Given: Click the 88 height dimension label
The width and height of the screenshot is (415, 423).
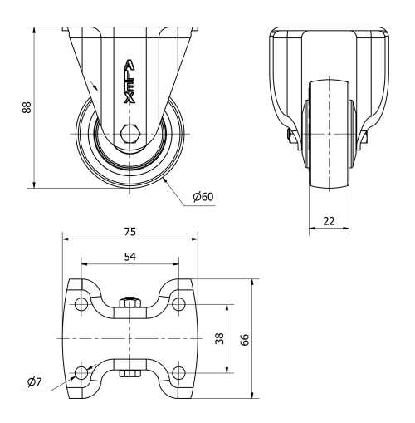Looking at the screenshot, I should click(27, 108).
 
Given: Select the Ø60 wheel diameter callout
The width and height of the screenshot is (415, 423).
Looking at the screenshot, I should click(203, 197).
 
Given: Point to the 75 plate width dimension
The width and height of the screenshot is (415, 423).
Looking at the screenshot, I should click(129, 231).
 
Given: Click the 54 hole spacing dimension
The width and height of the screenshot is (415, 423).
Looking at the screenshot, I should click(129, 258).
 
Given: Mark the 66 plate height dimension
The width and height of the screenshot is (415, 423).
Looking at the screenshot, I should click(244, 338).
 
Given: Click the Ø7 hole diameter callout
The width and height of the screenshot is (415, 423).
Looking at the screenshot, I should click(34, 381).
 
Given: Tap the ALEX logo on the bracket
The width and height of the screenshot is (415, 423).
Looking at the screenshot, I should click(129, 81).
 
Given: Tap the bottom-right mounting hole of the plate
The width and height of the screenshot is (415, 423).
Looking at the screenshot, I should click(178, 371).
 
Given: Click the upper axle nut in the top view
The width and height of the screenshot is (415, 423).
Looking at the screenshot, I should click(129, 303).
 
